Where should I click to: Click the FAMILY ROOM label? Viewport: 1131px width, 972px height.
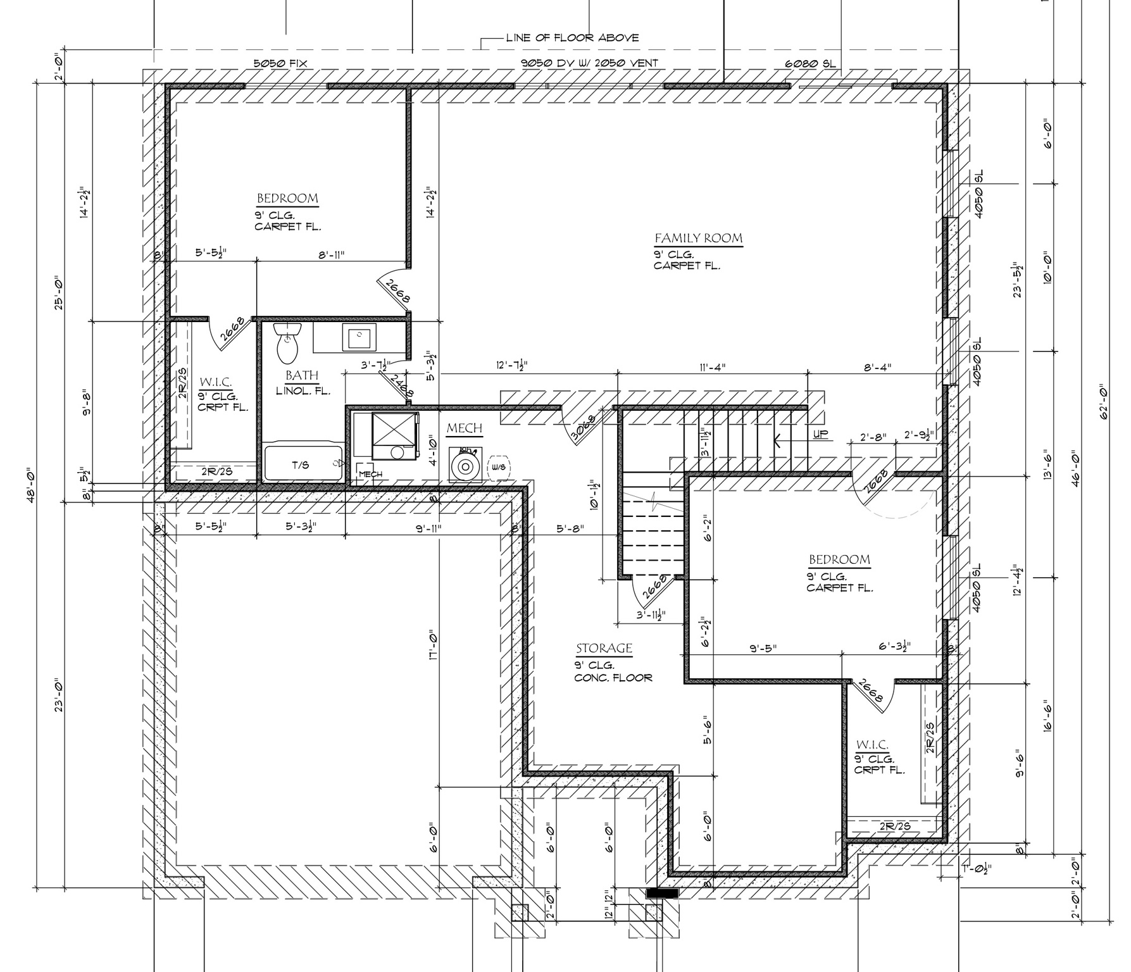[698, 239]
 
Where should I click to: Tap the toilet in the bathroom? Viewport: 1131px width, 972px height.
[288, 342]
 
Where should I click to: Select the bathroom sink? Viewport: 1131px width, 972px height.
[359, 337]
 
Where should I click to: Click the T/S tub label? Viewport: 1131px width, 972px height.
[301, 465]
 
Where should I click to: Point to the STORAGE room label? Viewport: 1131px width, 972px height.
[604, 649]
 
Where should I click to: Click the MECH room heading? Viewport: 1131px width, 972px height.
[465, 428]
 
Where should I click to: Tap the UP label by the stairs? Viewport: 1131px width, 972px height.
[820, 435]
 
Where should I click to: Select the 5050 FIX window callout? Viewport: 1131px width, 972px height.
[280, 63]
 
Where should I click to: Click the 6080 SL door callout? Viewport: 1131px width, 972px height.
[810, 64]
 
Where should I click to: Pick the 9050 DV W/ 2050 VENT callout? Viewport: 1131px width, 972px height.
[589, 63]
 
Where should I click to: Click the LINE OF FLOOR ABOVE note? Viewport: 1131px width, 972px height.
[572, 37]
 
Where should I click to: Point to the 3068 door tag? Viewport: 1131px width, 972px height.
[583, 428]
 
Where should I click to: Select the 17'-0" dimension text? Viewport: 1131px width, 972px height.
[434, 645]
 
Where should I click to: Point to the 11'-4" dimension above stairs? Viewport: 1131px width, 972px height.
[712, 366]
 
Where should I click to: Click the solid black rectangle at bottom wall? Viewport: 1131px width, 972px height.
[661, 893]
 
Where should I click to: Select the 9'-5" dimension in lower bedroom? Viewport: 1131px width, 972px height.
[763, 648]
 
